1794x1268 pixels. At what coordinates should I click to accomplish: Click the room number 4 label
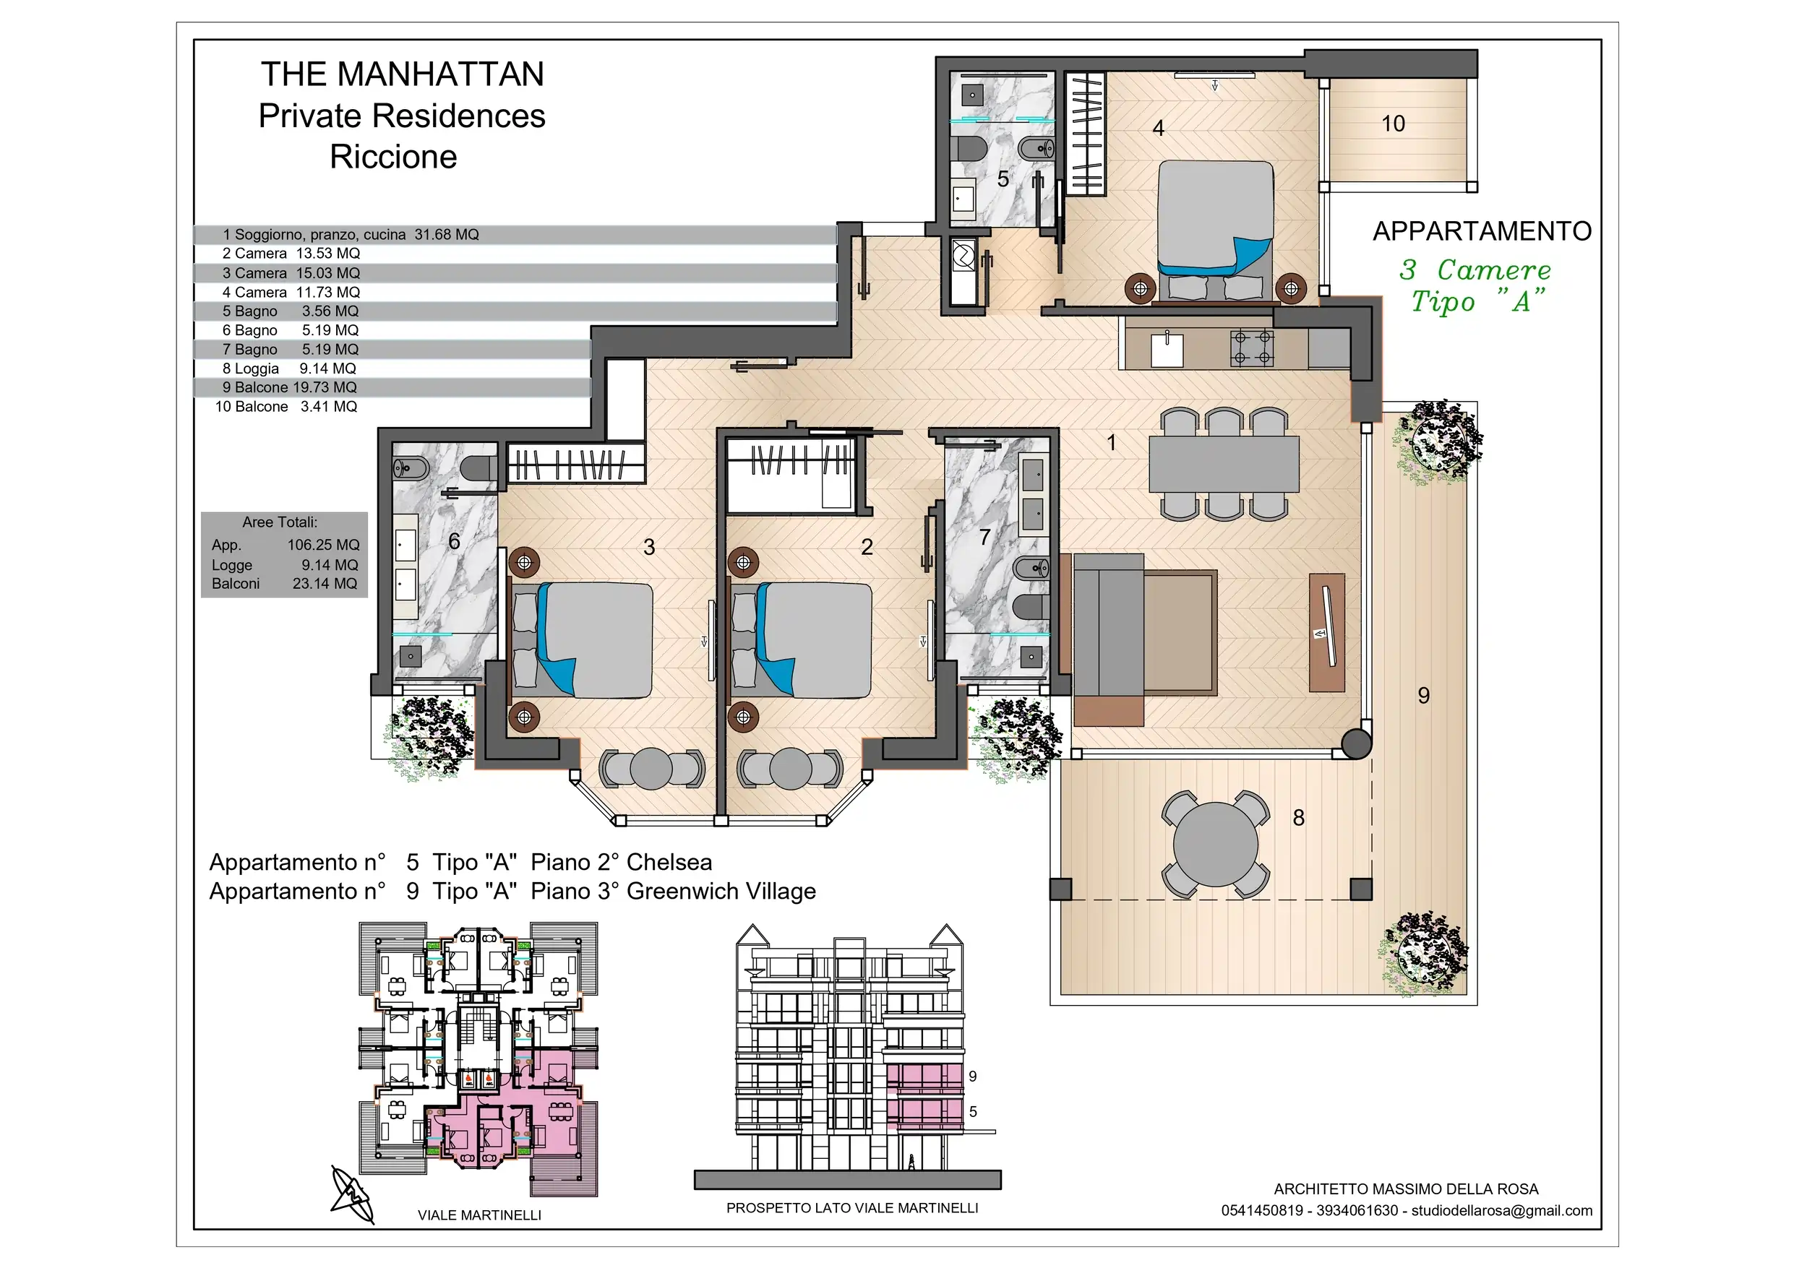click(1159, 128)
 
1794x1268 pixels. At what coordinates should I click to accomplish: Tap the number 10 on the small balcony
click(1393, 124)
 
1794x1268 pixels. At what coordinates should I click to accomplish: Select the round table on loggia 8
click(1216, 845)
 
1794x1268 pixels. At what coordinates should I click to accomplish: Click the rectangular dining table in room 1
click(1224, 464)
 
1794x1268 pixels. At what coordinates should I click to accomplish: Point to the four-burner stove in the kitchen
click(1252, 348)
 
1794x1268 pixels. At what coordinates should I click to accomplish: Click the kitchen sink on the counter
click(1167, 350)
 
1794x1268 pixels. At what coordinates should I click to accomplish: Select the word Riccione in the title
click(393, 156)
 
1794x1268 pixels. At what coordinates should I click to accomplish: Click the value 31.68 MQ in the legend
click(447, 234)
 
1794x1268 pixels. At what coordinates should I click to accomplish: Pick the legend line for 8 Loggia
click(289, 368)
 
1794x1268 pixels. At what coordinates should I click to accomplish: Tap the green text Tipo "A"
click(1477, 301)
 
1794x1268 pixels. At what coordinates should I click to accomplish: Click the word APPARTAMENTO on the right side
click(1482, 231)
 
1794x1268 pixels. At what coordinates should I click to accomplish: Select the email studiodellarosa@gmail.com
click(1502, 1210)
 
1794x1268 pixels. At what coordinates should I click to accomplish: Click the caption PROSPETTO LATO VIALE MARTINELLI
click(852, 1208)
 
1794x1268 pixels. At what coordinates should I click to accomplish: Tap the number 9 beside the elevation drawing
click(973, 1076)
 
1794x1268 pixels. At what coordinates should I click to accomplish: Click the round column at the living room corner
click(1357, 743)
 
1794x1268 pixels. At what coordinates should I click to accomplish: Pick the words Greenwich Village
click(721, 891)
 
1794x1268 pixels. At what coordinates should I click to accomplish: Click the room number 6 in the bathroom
click(454, 541)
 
